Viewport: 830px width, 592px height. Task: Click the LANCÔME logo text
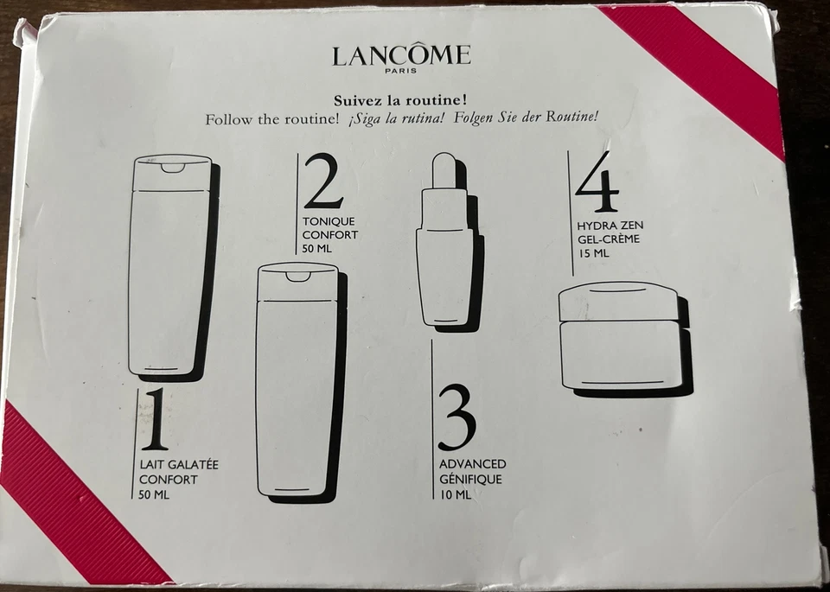[x=401, y=56]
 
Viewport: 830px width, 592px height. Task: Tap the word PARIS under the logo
[x=402, y=73]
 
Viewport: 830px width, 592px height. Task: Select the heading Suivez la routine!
[x=401, y=100]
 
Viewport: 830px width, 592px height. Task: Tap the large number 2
[x=323, y=181]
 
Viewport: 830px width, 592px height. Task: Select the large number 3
[x=456, y=417]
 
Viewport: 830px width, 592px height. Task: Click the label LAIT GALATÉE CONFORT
[x=179, y=472]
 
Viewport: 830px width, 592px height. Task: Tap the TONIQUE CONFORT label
[x=329, y=228]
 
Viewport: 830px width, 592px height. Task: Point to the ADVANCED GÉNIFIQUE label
[x=472, y=472]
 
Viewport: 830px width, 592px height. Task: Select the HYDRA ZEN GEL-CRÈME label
[x=610, y=232]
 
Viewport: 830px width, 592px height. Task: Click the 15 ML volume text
[x=594, y=254]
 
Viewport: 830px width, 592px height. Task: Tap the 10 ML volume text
[x=455, y=495]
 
